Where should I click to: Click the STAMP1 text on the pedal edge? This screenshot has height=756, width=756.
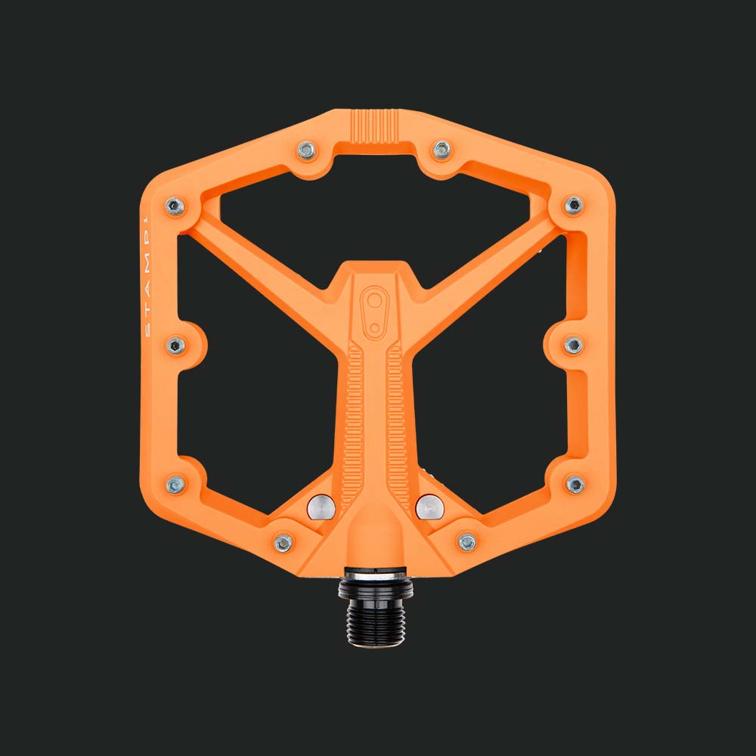coord(147,277)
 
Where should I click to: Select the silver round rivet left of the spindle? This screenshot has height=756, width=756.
coord(321,507)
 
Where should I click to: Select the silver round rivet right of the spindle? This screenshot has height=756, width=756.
coord(429,507)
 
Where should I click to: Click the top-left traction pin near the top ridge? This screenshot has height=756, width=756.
coord(307,150)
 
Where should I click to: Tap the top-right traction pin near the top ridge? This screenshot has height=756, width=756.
coord(442,150)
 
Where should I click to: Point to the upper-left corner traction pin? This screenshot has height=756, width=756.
coord(175,206)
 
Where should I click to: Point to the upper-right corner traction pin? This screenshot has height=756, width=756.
coord(573,206)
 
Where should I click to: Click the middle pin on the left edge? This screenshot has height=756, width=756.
coord(176,345)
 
